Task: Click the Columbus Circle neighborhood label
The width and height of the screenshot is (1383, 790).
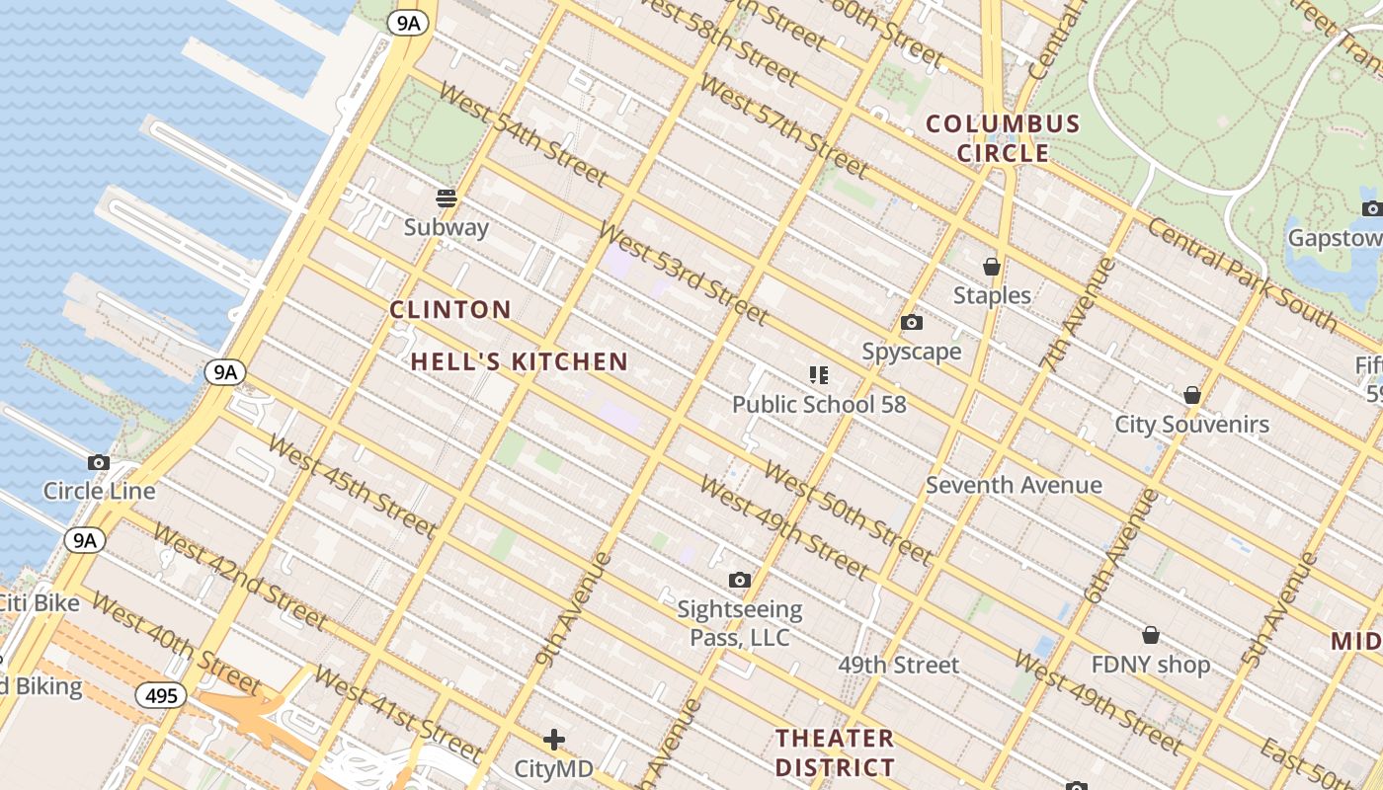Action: click(1003, 138)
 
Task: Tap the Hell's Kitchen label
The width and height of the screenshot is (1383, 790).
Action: click(520, 362)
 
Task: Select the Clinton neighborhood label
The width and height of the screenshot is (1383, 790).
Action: click(450, 310)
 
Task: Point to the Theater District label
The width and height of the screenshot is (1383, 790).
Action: click(835, 752)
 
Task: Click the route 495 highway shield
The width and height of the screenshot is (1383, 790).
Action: click(160, 696)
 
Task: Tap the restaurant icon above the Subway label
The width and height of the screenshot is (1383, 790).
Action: click(447, 198)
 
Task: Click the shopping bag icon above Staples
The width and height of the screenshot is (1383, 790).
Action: click(992, 267)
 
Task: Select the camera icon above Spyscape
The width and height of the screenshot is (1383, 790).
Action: click(912, 323)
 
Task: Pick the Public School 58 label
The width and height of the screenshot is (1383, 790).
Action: click(819, 404)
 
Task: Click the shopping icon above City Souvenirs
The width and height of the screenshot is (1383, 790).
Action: click(1192, 395)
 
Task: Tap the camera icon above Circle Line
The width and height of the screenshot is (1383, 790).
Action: click(99, 462)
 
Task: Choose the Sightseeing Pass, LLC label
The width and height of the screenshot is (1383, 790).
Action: click(740, 623)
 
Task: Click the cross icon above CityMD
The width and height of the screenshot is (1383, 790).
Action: click(554, 740)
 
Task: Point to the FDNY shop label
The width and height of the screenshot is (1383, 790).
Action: click(1151, 665)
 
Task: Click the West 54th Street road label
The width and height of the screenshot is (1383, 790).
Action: click(523, 135)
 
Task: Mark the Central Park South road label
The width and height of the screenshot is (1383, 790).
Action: click(1242, 276)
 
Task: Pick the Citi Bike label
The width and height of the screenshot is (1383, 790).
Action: click(40, 602)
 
